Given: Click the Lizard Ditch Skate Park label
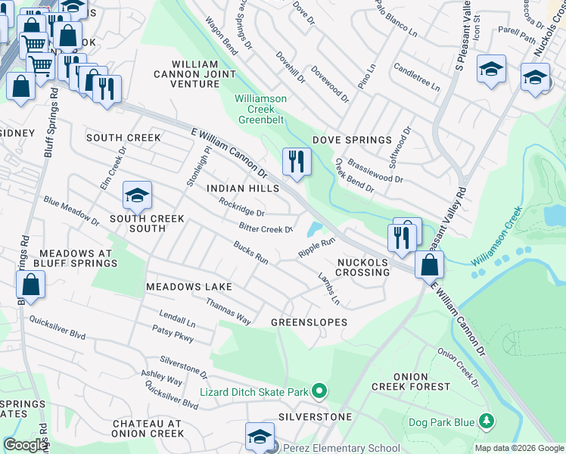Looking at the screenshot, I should point(254,391).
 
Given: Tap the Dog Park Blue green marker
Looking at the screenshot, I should point(486,420).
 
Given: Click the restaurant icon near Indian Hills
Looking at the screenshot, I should point(295,161).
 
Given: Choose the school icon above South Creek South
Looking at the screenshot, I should point(137,197).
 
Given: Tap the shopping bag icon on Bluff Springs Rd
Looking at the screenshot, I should point(31,285).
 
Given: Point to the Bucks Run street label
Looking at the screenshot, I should point(251,253).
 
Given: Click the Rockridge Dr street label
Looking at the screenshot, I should point(241,207).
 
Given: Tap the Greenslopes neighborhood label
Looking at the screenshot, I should point(309,322).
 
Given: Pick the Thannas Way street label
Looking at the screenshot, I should point(228,310).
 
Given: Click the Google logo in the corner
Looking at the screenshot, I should point(25,445).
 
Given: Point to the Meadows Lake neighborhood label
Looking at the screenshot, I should point(188,287).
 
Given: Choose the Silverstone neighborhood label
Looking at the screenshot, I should point(314,417).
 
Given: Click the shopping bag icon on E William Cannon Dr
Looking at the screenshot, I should point(429,265).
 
